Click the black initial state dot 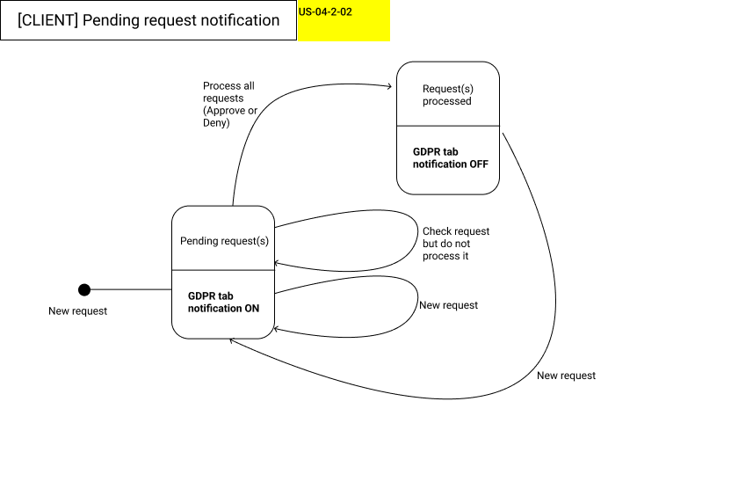pos(84,289)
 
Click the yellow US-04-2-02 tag pos(344,21)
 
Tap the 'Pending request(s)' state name pos(224,241)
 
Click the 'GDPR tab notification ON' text pos(223,302)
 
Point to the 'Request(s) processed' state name pos(447,95)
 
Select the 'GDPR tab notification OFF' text pos(450,157)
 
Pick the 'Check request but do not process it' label pos(455,244)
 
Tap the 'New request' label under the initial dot pos(77,311)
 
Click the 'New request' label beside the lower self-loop pos(448,305)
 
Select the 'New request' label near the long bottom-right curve pos(566,376)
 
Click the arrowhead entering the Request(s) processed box pos(389,86)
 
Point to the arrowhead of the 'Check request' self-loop pos(278,263)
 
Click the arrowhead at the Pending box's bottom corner pos(233,341)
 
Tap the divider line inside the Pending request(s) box pos(223,270)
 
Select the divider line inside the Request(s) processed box pos(447,127)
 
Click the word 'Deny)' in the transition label pos(216,123)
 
